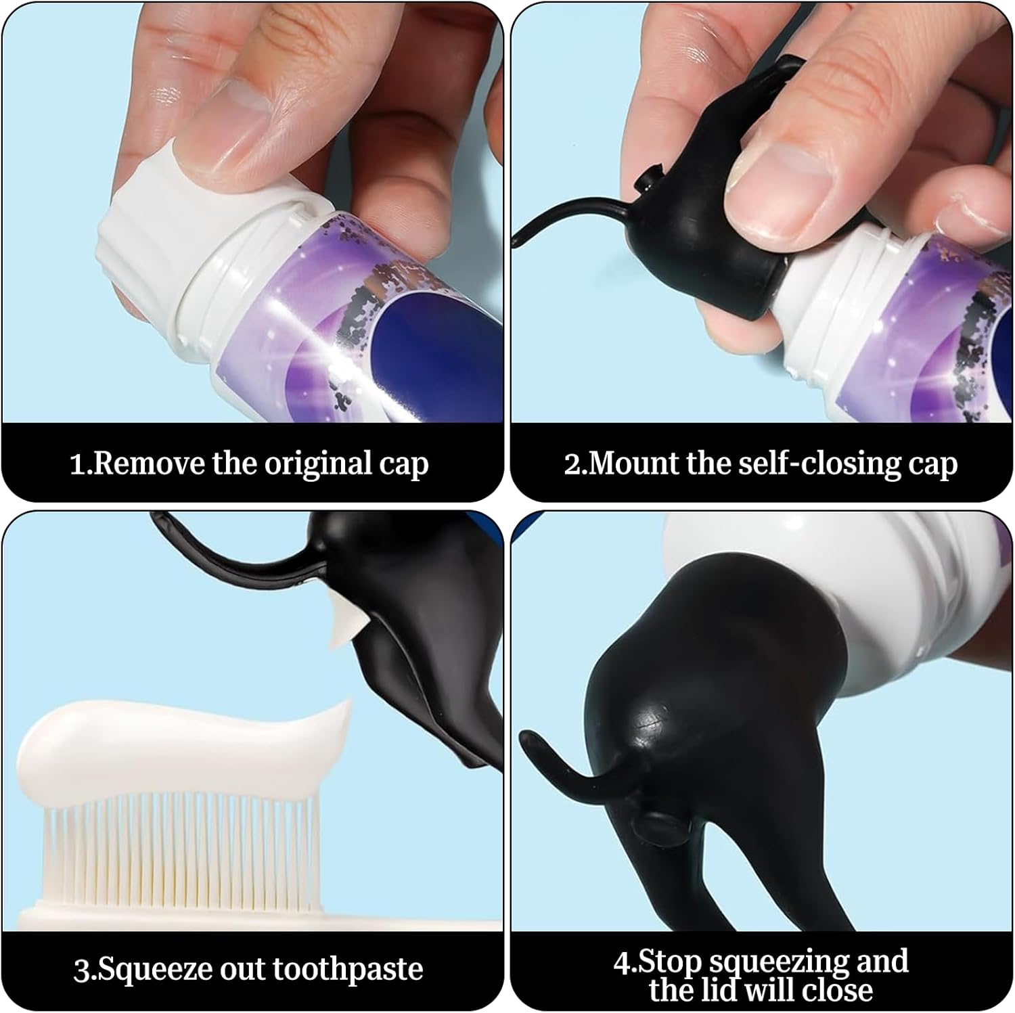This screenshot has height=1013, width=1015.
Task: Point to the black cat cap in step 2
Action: click(x=710, y=223)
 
